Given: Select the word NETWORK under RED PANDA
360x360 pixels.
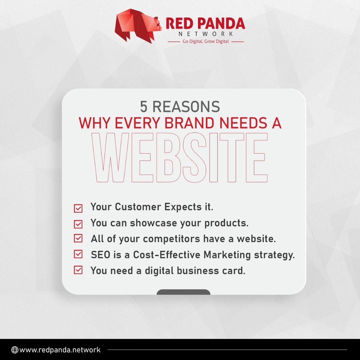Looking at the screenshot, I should point(205,34).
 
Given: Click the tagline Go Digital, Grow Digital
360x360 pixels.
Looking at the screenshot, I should point(205,41).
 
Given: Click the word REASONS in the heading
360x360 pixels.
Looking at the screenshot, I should point(186,107).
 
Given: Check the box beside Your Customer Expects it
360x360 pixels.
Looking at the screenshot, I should point(78,208).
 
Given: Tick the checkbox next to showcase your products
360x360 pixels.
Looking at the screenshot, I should point(78,224).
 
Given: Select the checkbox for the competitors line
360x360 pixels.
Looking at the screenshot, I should point(78,238).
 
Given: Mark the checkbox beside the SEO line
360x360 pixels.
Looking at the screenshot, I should point(78,254).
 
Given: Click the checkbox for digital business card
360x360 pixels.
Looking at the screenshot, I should point(78,270).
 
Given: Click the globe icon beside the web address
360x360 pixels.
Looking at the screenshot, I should point(14,350).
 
